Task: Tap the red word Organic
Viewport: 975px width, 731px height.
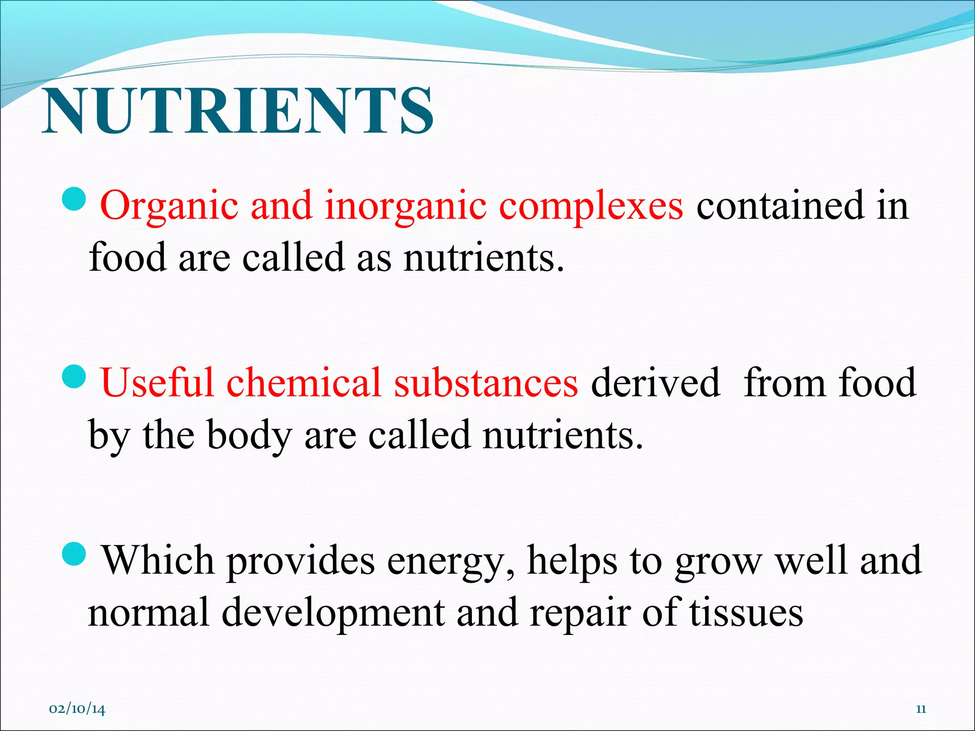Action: point(169,206)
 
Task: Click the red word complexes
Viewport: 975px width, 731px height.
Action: point(590,206)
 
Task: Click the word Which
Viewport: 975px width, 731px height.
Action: point(158,560)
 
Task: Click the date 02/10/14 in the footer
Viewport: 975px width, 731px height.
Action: point(77,709)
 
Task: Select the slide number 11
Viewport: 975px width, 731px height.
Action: point(921,709)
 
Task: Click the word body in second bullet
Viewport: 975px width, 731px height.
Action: point(249,435)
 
